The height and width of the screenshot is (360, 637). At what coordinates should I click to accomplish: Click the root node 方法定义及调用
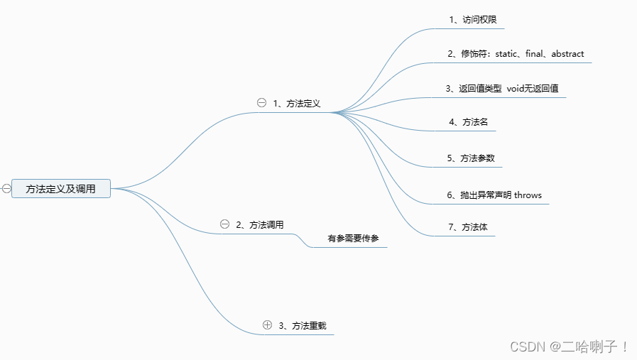coord(61,189)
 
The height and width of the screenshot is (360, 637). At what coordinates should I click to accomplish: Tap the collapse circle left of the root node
coord(6,189)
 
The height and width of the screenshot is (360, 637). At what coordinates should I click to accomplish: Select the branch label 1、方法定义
coord(297,104)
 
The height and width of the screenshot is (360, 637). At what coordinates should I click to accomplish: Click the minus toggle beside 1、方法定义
coord(261,103)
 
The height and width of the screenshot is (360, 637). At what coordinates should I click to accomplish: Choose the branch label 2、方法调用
coord(260,225)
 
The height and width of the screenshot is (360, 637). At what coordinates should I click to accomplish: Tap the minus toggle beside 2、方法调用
coord(225,224)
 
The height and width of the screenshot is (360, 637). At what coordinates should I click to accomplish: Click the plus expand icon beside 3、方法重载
coord(267,325)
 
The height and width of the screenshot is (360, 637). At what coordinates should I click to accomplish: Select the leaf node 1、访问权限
coord(468,19)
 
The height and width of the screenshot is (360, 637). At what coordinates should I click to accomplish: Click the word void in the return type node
coord(517,89)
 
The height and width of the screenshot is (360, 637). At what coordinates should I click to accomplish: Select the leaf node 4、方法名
coord(468,122)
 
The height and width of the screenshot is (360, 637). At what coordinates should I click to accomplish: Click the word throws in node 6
coord(528,195)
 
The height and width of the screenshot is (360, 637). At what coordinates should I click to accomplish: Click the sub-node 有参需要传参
coord(353,239)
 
